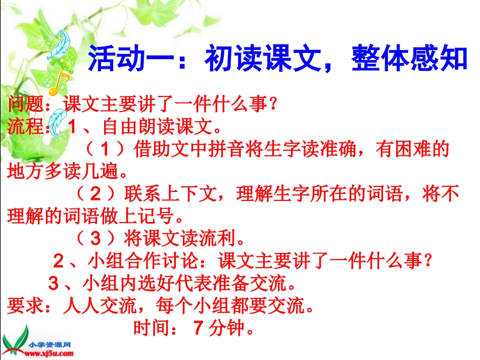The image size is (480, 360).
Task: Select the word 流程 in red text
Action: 26,126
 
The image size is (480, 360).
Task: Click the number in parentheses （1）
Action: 105,149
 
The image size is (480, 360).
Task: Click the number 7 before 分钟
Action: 198,329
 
